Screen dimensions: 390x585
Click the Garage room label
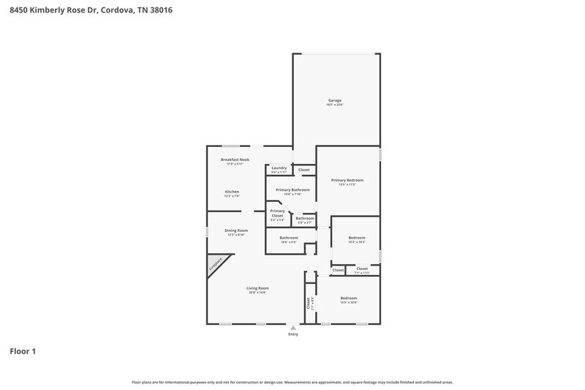click(x=334, y=100)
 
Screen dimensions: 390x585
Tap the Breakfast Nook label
click(x=235, y=160)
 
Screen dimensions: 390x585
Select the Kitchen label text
click(x=232, y=192)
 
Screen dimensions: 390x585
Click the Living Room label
click(x=257, y=288)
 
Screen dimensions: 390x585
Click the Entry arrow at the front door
click(x=293, y=329)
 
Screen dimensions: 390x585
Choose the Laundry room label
click(x=279, y=168)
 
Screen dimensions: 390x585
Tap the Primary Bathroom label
click(x=292, y=190)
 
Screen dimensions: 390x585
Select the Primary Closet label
click(x=277, y=214)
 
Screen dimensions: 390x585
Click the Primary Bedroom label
click(x=347, y=179)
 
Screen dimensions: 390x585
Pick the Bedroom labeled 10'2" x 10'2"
click(x=357, y=238)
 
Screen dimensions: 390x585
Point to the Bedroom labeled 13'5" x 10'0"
click(x=348, y=298)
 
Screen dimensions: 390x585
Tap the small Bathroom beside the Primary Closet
click(x=305, y=218)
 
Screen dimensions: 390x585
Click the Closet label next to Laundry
click(x=303, y=170)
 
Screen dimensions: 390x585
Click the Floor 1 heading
click(x=23, y=351)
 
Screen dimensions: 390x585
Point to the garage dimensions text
click(x=334, y=105)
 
